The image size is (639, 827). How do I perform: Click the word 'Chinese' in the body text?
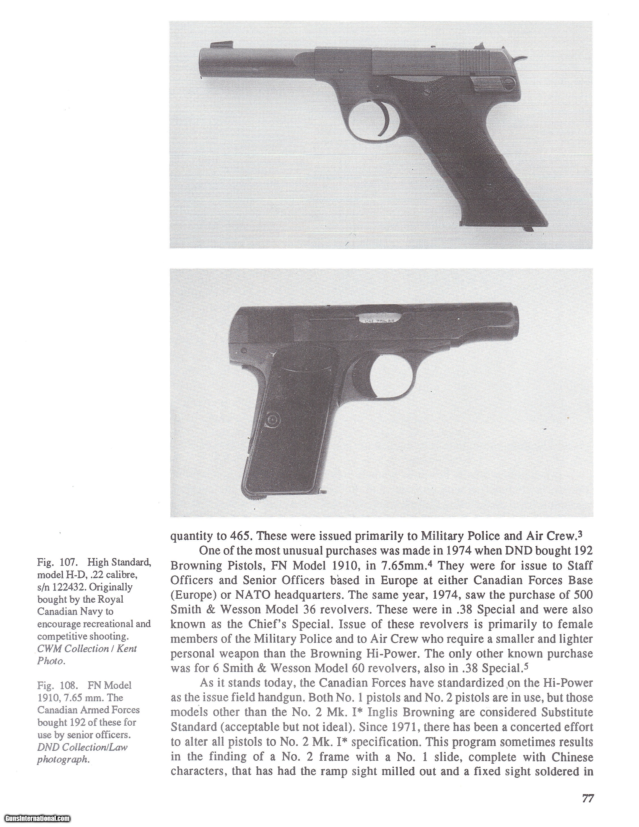pos(572,757)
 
